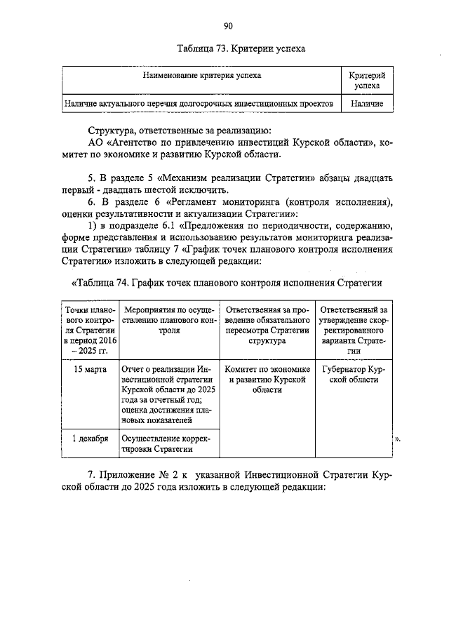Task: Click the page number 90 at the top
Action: pyautogui.click(x=228, y=27)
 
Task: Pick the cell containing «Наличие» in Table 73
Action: pyautogui.click(x=367, y=103)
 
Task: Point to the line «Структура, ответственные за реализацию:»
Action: pyautogui.click(x=185, y=131)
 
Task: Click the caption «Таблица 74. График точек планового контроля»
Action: pyautogui.click(x=227, y=283)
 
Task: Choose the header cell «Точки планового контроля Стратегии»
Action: pyautogui.click(x=88, y=330)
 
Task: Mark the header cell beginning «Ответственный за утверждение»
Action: pyautogui.click(x=354, y=330)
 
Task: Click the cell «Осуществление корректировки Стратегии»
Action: pyautogui.click(x=165, y=444)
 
